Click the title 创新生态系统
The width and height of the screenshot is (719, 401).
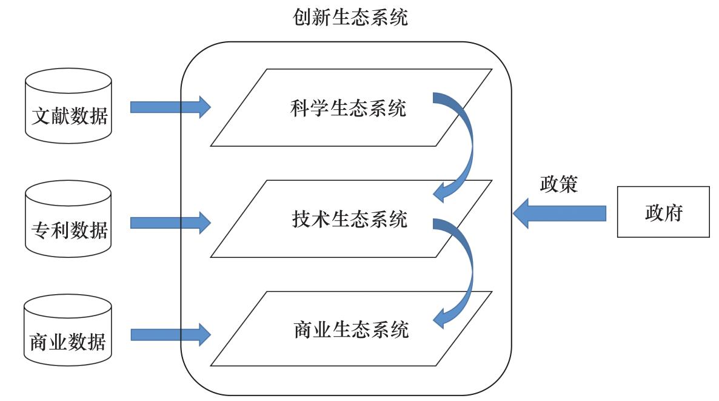[x=350, y=18]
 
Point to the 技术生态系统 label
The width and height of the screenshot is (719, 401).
[x=350, y=219]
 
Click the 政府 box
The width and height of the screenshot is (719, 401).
[x=663, y=212]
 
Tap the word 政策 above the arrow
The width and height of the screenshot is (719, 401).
[x=558, y=184]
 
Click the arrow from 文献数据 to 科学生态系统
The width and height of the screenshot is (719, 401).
[x=170, y=107]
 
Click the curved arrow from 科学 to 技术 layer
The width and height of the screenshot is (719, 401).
[x=464, y=146]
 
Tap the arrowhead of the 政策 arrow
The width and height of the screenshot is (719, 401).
[x=521, y=214]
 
